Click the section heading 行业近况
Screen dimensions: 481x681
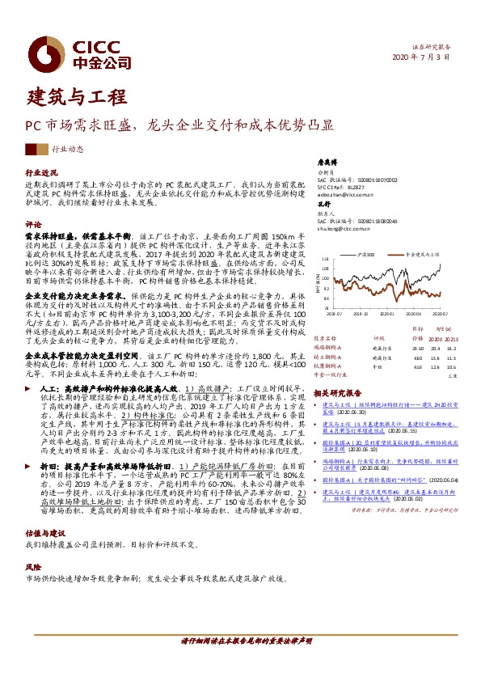coord(41,173)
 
